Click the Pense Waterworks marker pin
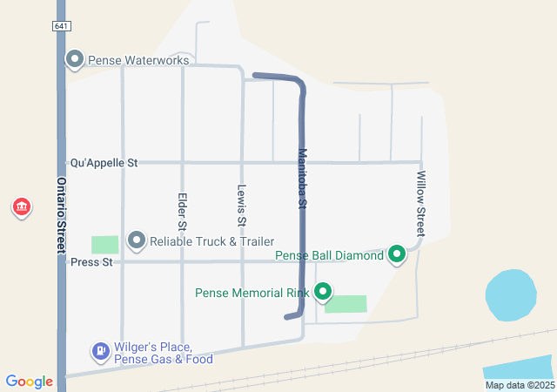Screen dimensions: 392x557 (75, 60)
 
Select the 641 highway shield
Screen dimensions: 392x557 (61, 27)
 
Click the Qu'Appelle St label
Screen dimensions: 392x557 (104, 163)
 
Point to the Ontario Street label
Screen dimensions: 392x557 (62, 216)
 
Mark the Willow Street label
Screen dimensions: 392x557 (420, 203)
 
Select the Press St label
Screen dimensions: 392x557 (91, 262)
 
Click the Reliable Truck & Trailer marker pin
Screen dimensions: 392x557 (137, 240)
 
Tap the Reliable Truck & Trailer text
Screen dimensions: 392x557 (211, 241)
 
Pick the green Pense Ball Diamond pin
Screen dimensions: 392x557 (397, 255)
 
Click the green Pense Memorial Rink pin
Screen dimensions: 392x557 (323, 292)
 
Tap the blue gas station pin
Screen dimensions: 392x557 (101, 352)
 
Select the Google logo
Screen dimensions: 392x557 (30, 382)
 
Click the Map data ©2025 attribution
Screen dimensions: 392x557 (519, 385)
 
